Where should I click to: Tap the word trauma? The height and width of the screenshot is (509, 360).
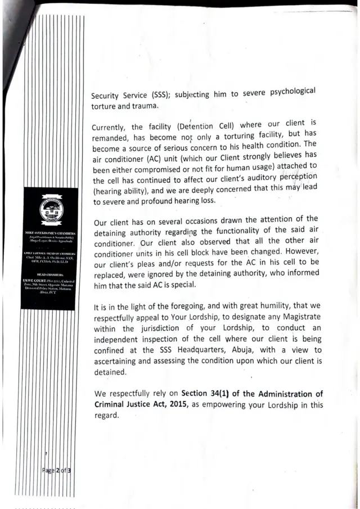tap(143, 105)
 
